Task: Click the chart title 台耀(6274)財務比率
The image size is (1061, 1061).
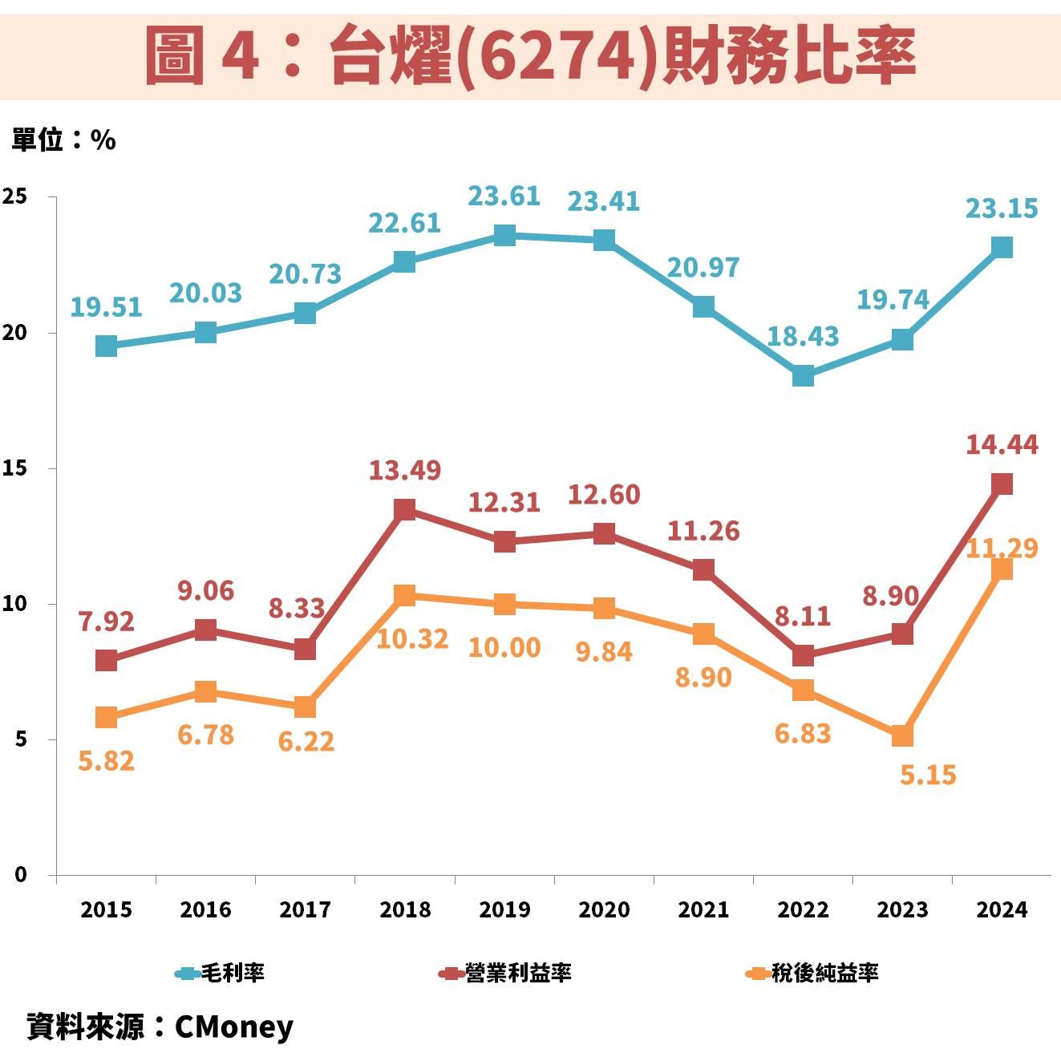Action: pos(530,55)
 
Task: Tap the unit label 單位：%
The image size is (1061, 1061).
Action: pos(63,140)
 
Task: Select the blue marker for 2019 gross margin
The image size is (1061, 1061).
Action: pos(504,235)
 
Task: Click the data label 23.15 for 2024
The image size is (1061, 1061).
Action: pos(1001,209)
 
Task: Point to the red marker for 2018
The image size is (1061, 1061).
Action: pos(405,509)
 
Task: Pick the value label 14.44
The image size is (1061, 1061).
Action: pos(1002,444)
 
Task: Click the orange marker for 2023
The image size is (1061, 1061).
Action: pos(902,735)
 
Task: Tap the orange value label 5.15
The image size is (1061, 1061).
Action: pos(928,775)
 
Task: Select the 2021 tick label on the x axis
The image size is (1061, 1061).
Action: pos(703,909)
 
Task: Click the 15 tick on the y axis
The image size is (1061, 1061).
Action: pos(14,468)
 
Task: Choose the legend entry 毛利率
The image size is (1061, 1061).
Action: pos(221,973)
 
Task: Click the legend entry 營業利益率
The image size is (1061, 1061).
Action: pos(506,973)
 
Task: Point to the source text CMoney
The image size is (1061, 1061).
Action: pos(233,1027)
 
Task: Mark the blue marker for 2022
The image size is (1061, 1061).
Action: pos(803,375)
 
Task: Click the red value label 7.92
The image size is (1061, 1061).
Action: pos(106,622)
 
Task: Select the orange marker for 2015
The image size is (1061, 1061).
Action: pos(106,717)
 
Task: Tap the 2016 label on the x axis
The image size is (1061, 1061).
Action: pos(205,909)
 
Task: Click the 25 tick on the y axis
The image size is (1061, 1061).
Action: pos(14,197)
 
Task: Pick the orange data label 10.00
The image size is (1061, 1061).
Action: pos(504,647)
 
